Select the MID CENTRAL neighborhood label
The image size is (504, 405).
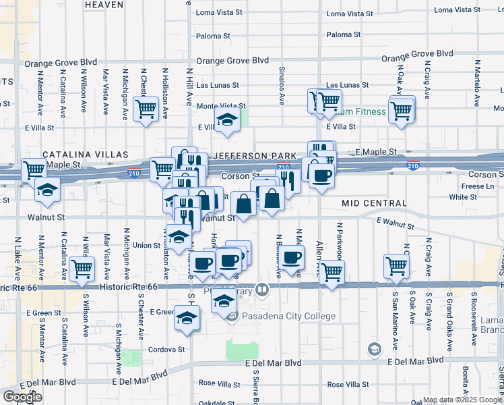374,203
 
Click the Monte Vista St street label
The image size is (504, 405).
220,106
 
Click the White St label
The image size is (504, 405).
463,197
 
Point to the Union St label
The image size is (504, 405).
146,245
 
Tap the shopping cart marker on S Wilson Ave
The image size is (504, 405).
82,268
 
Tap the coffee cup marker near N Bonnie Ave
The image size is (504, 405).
292,257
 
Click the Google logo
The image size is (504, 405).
23,397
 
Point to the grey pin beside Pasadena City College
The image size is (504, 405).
232,317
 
